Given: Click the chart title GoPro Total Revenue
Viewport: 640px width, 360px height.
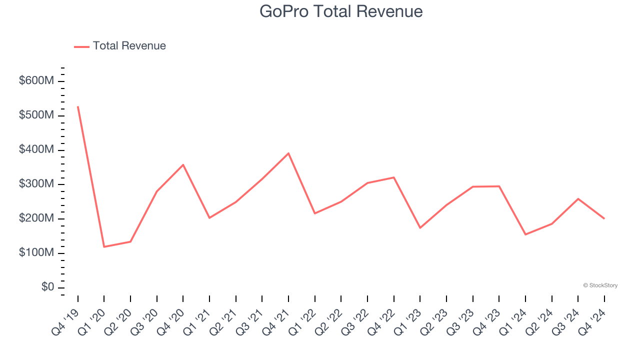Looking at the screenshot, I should [341, 11].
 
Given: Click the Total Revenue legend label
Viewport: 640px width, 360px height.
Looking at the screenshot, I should [129, 46].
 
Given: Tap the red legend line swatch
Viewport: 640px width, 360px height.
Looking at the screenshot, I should [81, 46].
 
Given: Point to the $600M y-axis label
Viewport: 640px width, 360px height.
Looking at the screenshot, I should [36, 81].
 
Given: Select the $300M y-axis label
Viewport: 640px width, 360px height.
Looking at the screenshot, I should [36, 184].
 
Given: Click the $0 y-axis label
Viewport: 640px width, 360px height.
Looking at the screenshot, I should [48, 287].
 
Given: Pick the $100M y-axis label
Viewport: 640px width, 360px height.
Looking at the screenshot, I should [36, 253].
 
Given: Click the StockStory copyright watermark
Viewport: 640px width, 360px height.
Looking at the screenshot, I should [600, 285].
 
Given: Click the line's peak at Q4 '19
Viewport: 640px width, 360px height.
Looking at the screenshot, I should [78, 106].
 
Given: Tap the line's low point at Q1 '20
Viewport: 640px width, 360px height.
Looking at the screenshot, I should [104, 246].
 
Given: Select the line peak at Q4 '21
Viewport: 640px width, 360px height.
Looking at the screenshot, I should [288, 153].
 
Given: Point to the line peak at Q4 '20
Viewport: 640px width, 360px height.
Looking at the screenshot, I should [183, 164].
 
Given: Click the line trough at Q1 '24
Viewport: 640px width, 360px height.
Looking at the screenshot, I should [525, 234].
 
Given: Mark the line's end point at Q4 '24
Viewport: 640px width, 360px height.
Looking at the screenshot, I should [604, 218].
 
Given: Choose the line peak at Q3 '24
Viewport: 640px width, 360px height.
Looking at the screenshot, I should [578, 199].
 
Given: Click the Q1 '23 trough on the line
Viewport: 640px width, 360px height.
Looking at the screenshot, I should [420, 228].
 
